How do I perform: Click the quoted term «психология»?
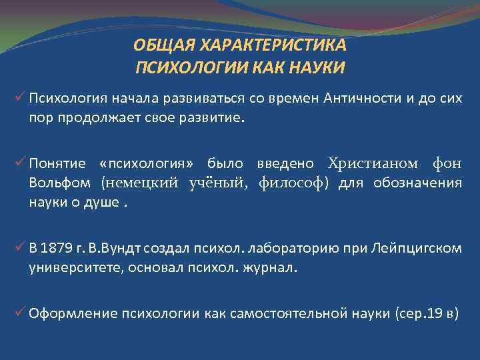coord(147,164)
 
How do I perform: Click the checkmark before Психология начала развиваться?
coord(20,99)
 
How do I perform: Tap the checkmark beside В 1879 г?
coord(20,248)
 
